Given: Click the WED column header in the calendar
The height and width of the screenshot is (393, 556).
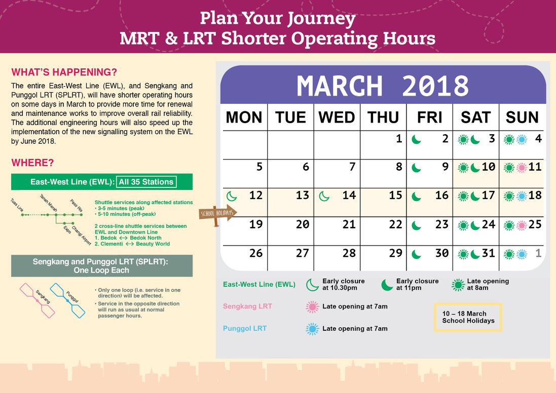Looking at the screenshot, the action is coord(337,117).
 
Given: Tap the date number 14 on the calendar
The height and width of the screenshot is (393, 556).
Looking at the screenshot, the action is coord(349,195).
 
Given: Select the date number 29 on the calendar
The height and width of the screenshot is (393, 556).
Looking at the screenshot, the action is coord(395,253).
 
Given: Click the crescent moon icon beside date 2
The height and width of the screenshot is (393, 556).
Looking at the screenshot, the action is coord(416,140).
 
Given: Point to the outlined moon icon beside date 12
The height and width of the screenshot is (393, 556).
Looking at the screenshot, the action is coord(232,196).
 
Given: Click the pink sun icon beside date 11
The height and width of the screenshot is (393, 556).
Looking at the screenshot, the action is coord(522,168).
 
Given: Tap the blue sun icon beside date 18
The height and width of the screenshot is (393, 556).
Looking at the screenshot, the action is coord(522,196).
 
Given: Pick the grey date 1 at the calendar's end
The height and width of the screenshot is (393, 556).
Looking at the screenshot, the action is coord(538,253).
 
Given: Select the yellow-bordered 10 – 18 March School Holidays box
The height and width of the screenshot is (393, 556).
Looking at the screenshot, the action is coord(468,317).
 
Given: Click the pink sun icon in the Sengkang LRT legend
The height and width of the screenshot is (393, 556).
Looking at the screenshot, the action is coord(312,307).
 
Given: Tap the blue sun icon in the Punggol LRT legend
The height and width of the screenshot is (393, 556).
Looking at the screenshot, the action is coord(312,329).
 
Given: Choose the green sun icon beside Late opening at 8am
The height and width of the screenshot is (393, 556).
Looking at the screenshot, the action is coord(458,285).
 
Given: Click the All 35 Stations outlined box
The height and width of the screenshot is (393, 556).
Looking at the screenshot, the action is coord(146,182).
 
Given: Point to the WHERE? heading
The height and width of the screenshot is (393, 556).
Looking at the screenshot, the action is coord(32,163).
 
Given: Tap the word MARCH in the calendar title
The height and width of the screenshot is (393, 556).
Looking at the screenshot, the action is coord(340,86).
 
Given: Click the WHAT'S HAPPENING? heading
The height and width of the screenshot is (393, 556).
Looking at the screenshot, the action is coord(64,72).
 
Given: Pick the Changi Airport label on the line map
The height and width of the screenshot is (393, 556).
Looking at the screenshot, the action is coord(82,235).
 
